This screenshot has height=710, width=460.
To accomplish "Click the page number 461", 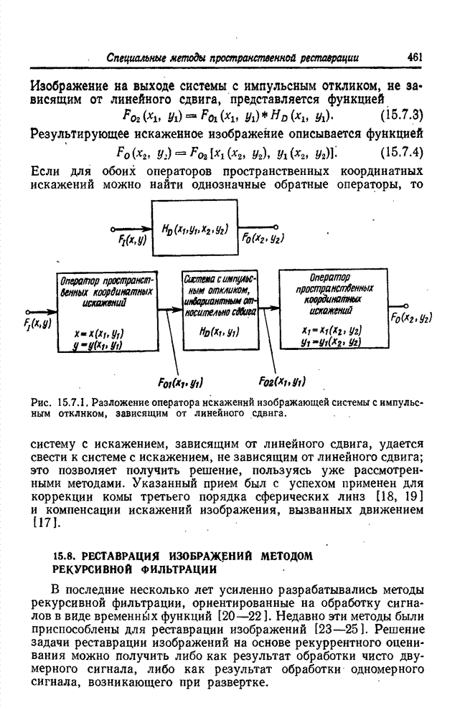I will point(416,57).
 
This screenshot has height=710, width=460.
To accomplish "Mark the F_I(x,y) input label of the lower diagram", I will point(38,324).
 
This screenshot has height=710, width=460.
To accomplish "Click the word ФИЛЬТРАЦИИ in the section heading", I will point(178,569).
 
